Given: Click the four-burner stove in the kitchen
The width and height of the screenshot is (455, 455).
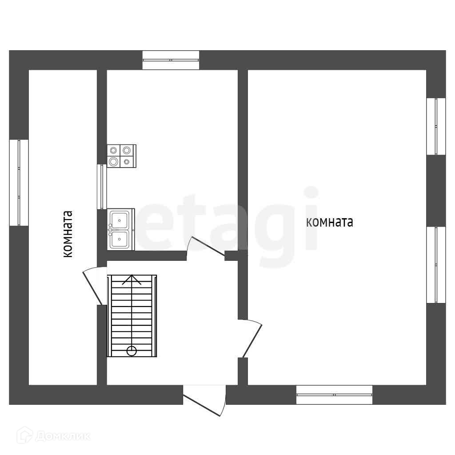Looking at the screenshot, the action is [x=121, y=156].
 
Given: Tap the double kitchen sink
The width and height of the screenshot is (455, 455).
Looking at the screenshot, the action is [x=120, y=229].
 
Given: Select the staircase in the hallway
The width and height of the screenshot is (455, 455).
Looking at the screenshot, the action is [x=132, y=316].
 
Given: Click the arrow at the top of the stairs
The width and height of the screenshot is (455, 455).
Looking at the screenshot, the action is [x=132, y=280].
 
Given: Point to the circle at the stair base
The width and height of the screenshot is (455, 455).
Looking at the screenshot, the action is [x=132, y=351].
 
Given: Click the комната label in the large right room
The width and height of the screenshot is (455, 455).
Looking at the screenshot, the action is [x=330, y=222].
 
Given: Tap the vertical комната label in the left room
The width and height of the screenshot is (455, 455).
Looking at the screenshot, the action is [x=68, y=234].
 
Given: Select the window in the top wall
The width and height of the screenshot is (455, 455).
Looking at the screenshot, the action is [x=171, y=60].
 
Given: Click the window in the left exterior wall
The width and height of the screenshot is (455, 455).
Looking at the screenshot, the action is [x=19, y=183].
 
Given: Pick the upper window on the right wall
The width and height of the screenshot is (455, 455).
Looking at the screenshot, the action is [x=436, y=126].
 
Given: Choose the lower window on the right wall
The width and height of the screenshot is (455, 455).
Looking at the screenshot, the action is [x=436, y=265].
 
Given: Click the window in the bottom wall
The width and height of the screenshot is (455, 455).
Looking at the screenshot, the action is [x=334, y=395].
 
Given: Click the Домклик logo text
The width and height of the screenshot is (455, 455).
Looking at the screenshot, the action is [x=63, y=436].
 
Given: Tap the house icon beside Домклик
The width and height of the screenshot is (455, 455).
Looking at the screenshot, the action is [x=24, y=436].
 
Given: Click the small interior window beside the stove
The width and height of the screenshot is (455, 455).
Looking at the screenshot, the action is [x=102, y=187].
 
